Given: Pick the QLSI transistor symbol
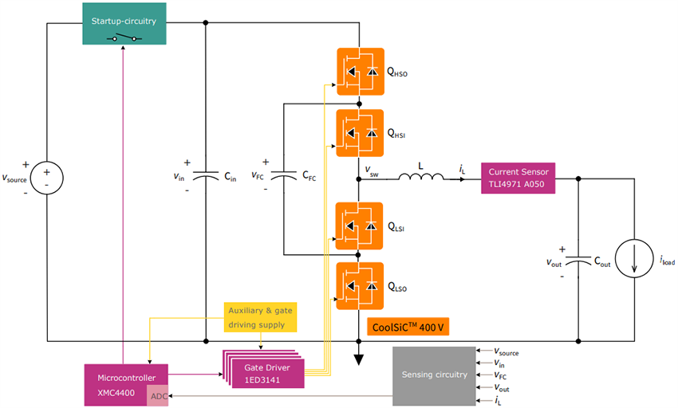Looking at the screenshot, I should coord(359,226).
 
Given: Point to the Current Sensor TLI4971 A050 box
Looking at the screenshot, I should coord(516,179).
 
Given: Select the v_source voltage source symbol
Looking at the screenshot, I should coord(47,178).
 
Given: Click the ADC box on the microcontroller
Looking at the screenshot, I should coord(159,396).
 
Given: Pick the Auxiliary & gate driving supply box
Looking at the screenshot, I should coord(260,316).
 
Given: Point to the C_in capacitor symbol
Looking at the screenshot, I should coord(206,178).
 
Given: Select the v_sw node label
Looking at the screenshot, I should coord(372,171).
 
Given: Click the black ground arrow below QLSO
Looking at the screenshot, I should coord(359,356).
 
